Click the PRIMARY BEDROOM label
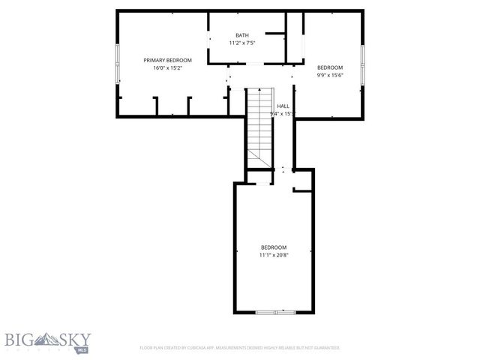[168, 60]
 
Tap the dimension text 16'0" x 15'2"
[168, 68]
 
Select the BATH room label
[242, 35]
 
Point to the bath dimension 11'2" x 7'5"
[242, 43]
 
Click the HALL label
[283, 106]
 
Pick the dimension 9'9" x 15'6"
[329, 76]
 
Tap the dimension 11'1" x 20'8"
[274, 256]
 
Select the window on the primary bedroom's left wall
[117, 63]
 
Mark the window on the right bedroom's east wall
[362, 64]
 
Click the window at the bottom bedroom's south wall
[275, 311]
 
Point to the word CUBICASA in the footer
[199, 348]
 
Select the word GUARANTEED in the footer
[325, 348]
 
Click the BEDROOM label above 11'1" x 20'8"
[274, 247]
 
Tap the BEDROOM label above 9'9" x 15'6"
[329, 67]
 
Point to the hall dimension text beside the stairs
[283, 114]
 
